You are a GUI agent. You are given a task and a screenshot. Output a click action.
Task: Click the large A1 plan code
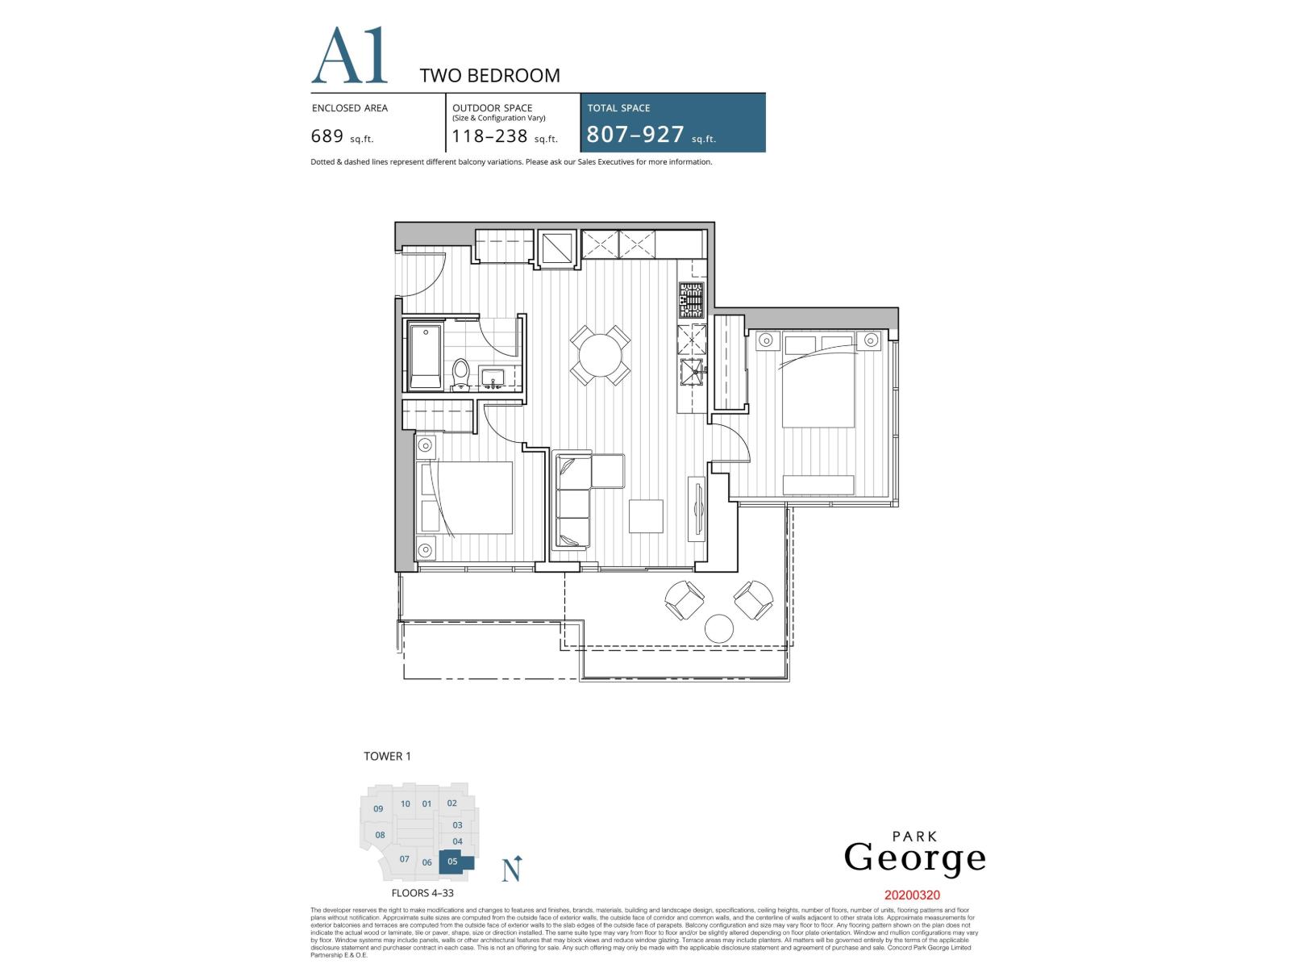(x=349, y=56)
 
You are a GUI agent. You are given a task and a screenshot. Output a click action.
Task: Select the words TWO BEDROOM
(x=489, y=76)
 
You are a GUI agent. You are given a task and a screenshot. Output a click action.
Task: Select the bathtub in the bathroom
(x=424, y=357)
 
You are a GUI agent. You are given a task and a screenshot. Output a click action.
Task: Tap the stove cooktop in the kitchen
(x=691, y=299)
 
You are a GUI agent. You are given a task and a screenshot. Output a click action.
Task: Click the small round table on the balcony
(x=719, y=629)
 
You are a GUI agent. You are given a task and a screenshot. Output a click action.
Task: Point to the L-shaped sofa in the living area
(x=574, y=500)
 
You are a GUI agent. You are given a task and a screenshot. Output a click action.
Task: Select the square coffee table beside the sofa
(x=646, y=516)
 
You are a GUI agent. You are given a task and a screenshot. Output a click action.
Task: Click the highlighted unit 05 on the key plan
(x=453, y=862)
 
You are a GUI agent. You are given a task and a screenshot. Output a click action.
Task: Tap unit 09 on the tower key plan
(x=378, y=809)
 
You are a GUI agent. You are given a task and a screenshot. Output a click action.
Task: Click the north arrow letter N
(x=510, y=871)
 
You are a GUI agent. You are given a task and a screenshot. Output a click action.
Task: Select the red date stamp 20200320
(x=912, y=895)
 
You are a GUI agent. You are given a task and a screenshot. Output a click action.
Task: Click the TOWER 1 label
(x=387, y=756)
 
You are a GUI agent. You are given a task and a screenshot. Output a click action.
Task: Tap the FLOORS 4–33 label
(x=422, y=893)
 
